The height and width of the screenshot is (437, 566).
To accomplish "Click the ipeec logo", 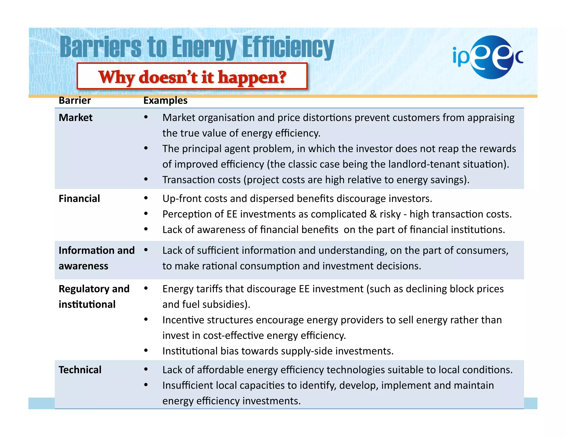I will click(x=488, y=57).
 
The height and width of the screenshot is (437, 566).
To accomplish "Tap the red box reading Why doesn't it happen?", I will click(x=192, y=77).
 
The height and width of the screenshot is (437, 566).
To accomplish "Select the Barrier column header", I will click(x=75, y=100).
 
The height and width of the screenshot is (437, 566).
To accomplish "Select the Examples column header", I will click(x=165, y=100).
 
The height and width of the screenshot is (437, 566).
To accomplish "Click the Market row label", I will click(x=75, y=118).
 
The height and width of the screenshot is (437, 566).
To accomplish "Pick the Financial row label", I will click(x=79, y=199).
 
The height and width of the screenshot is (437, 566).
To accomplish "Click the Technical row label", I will click(x=80, y=370).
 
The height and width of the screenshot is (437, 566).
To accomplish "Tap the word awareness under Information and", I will click(x=83, y=266).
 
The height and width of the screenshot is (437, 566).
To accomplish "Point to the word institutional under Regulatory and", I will click(x=87, y=304).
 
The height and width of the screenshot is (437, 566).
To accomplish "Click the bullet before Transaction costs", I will click(x=146, y=179).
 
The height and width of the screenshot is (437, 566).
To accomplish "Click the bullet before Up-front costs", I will click(x=146, y=198).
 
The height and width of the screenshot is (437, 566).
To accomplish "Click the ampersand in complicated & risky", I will click(x=373, y=214).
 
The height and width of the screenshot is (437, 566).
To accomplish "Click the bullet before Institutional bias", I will click(x=146, y=351).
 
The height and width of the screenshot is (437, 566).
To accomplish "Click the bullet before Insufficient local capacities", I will click(x=146, y=385).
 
